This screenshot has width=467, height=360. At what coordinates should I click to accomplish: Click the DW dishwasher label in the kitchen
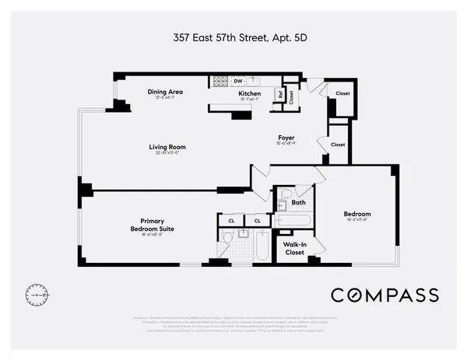[237, 80]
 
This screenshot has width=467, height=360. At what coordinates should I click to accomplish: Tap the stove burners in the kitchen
[220, 81]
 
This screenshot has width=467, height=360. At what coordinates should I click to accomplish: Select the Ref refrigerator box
[279, 95]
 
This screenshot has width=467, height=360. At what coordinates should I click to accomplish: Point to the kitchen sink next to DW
[258, 81]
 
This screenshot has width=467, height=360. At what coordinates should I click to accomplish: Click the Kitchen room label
[249, 93]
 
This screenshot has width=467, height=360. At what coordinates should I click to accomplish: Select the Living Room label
[167, 147]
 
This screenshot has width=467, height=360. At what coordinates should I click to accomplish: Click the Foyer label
[286, 139]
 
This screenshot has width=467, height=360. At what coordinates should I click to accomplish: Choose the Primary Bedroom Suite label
[152, 225]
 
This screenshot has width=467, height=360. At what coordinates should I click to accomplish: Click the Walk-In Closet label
[294, 248]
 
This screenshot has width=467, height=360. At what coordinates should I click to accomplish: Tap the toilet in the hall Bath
[286, 194]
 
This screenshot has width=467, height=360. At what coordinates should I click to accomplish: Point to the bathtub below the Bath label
[294, 221]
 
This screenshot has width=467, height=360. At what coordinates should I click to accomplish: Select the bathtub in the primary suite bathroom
[262, 246]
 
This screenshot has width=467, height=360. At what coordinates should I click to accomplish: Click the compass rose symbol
[36, 295]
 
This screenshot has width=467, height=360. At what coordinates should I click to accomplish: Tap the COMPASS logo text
[384, 295]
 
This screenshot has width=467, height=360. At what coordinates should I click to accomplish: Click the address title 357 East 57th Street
[233, 37]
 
